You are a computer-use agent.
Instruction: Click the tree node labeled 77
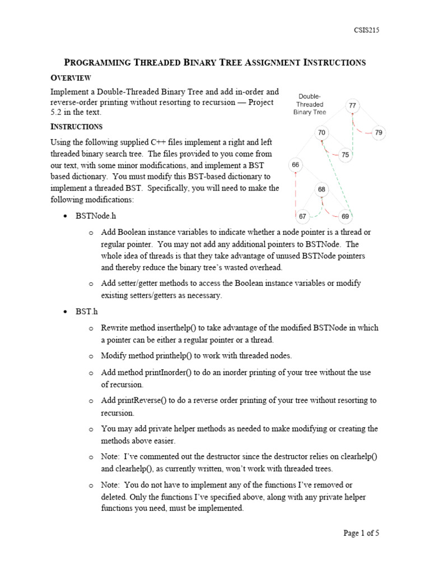352,105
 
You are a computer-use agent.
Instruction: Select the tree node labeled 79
379,133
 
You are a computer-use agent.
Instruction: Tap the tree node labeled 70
321,133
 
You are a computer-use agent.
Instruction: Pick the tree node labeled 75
345,155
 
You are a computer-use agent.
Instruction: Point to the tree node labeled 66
296,165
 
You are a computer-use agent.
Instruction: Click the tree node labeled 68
321,189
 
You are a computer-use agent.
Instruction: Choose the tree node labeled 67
302,216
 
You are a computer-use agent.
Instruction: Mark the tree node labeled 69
345,216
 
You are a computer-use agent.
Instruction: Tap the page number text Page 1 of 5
361,533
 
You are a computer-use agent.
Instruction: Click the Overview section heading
71,77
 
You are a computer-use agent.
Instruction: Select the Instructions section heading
77,127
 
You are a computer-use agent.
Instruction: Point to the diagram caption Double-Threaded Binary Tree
310,104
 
